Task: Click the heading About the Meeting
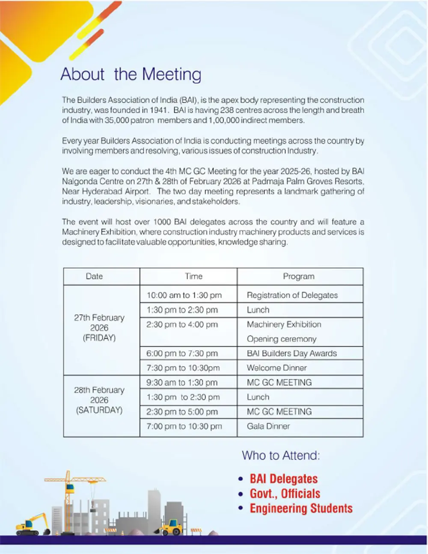[x=131, y=74]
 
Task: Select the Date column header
[x=94, y=277]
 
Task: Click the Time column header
[x=193, y=277]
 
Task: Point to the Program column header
[x=298, y=277]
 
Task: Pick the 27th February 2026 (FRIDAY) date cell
[x=99, y=328]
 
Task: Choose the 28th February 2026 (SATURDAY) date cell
[x=99, y=400]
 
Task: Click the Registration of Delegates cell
[x=292, y=295]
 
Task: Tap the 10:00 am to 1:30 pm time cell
[x=184, y=295]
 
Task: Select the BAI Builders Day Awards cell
[x=292, y=353]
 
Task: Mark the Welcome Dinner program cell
[x=277, y=368]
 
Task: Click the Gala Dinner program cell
[x=268, y=426]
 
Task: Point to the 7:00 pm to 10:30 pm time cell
[x=184, y=426]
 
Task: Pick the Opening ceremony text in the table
[x=282, y=339]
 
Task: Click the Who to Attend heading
[x=281, y=455]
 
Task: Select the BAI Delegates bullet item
[x=283, y=479]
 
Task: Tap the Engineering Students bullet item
[x=301, y=508]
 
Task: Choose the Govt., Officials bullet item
[x=285, y=493]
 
